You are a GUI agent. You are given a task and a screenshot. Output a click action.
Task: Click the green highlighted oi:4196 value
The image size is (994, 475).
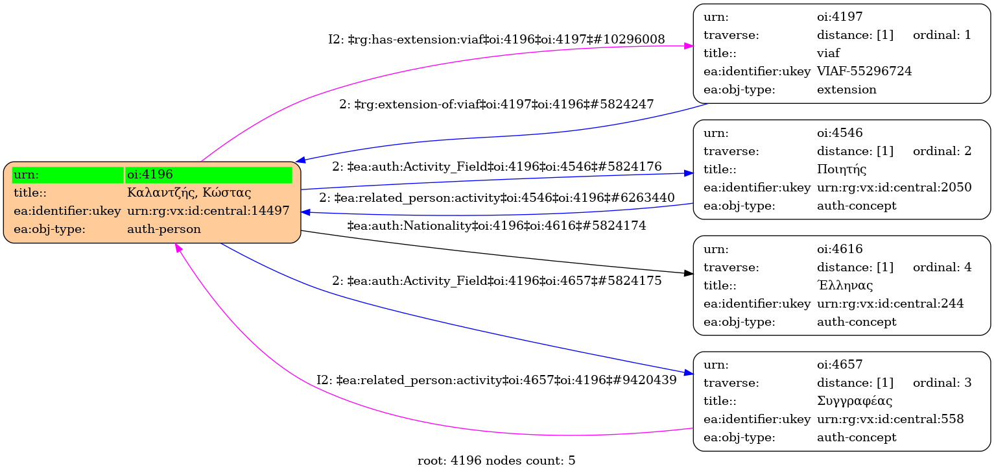point(208,175)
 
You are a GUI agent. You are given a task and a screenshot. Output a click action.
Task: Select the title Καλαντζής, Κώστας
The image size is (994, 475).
point(189,193)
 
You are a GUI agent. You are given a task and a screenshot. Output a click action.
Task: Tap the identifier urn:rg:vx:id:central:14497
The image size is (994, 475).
point(208,211)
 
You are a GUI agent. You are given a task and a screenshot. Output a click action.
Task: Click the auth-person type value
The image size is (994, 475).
point(164,229)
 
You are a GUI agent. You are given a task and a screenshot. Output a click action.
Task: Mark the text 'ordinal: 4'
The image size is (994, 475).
point(941,267)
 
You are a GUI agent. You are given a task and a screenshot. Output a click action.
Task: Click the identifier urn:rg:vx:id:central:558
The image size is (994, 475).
point(890,419)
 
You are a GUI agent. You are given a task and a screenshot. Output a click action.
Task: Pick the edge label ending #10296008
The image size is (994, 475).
point(497,40)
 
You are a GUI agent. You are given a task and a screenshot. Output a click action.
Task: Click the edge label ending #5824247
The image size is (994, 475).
point(496,104)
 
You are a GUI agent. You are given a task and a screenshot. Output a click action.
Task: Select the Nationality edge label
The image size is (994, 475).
point(497,226)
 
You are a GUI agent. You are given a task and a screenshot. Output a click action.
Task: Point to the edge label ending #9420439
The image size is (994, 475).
point(497,380)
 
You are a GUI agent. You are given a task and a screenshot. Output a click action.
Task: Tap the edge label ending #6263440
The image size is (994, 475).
point(497,197)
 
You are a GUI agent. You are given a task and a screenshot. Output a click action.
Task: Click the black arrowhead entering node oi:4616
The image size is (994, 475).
point(688,274)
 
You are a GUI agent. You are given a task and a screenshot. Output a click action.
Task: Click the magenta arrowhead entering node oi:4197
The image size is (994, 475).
point(688,46)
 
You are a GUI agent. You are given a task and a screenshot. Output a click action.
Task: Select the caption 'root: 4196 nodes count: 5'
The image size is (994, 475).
point(497,461)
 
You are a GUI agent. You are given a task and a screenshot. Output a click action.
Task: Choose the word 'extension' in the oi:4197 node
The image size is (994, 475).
point(846,90)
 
